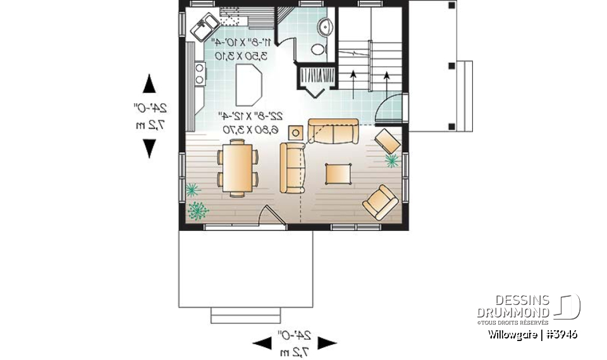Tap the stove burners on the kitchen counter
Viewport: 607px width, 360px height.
[x=200, y=73]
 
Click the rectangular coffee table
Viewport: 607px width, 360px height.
[x=339, y=173]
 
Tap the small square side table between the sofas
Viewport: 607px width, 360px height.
[x=295, y=132]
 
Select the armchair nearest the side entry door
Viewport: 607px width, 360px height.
[x=387, y=140]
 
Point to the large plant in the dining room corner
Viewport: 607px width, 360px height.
[x=197, y=210]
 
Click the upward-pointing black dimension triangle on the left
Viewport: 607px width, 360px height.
[x=149, y=84]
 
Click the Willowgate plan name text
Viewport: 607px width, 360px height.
[x=532, y=334]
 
